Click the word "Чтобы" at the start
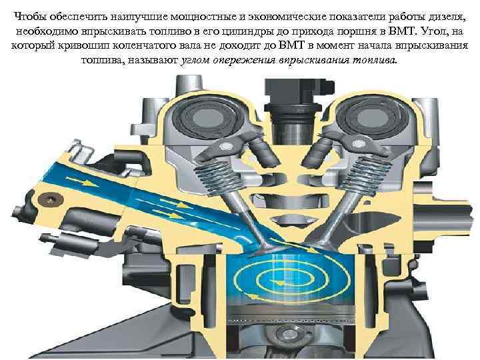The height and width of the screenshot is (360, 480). pyautogui.click(x=31, y=7)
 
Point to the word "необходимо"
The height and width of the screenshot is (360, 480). pyautogui.click(x=46, y=33)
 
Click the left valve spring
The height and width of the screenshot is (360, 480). pyautogui.click(x=210, y=177)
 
